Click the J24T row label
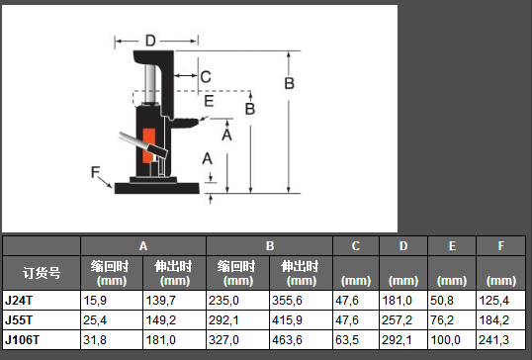(19, 301)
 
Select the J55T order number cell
(19, 320)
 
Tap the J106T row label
(22, 339)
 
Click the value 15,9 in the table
(95, 301)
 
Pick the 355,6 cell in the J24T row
(287, 301)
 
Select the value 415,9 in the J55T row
(287, 320)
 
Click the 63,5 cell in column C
(347, 339)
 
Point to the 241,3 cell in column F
(493, 339)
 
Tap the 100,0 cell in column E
(446, 339)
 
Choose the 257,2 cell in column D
(397, 320)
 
